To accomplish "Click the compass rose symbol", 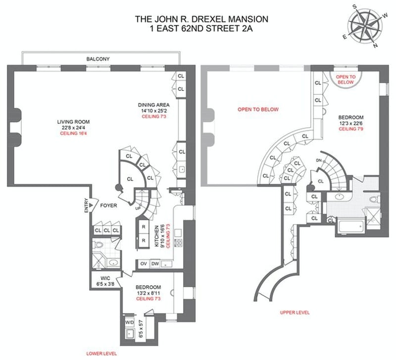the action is pyautogui.click(x=365, y=26).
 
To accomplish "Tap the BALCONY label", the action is pyautogui.click(x=98, y=59).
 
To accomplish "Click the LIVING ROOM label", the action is pyautogui.click(x=73, y=122).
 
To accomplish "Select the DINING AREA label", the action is pyautogui.click(x=153, y=105).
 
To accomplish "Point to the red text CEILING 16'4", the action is pyautogui.click(x=73, y=133).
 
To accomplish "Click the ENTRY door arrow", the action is pyautogui.click(x=91, y=205).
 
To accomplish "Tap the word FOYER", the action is pyautogui.click(x=108, y=206).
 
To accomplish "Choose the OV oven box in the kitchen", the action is pyautogui.click(x=144, y=264).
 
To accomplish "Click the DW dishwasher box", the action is pyautogui.click(x=155, y=264).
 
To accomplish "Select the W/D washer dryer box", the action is pyautogui.click(x=130, y=322).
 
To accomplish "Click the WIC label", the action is pyautogui.click(x=105, y=278).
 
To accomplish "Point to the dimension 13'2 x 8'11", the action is pyautogui.click(x=148, y=293).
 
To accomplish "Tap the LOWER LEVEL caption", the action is pyautogui.click(x=101, y=354).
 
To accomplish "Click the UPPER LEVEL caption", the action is pyautogui.click(x=295, y=312).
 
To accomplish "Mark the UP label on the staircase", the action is pyautogui.click(x=138, y=208).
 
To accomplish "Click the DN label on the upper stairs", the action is pyautogui.click(x=319, y=160).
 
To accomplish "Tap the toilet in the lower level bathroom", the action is pyautogui.click(x=99, y=245).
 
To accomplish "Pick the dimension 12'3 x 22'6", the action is pyautogui.click(x=351, y=123).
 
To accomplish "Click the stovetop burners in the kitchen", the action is pyautogui.click(x=179, y=243).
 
